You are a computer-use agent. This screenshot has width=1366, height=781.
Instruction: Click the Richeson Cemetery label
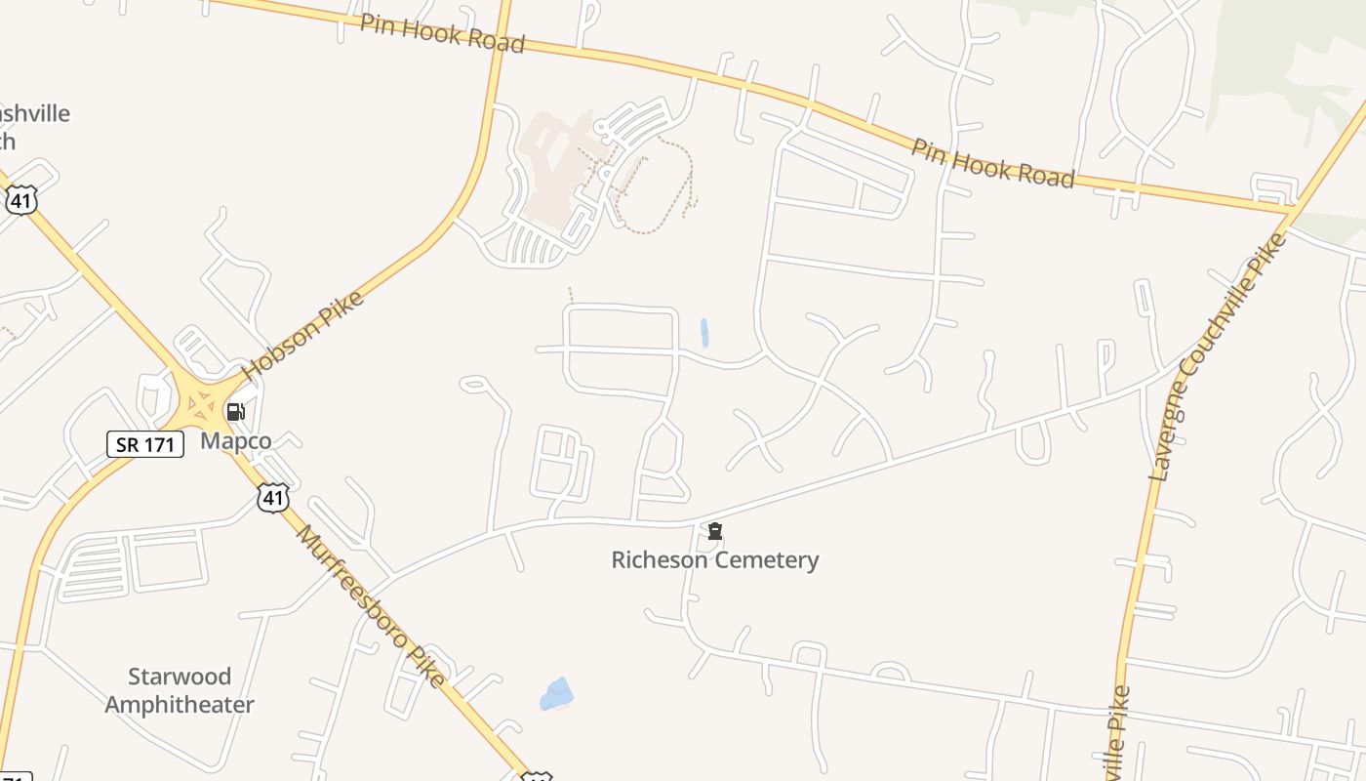pyautogui.click(x=714, y=559)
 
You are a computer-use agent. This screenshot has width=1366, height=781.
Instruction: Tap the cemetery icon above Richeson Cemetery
pyautogui.click(x=715, y=531)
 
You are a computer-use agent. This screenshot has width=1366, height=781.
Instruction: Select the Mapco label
pyautogui.click(x=235, y=441)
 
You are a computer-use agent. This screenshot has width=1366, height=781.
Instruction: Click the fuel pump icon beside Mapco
pyautogui.click(x=235, y=412)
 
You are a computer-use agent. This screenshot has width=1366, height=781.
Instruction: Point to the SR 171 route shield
pyautogui.click(x=144, y=444)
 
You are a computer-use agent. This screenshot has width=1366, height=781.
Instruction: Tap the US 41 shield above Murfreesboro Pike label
pyautogui.click(x=273, y=498)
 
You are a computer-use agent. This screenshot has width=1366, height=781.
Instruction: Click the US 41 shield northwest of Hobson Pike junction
pyautogui.click(x=20, y=200)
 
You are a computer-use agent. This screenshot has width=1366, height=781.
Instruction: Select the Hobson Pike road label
pyautogui.click(x=302, y=335)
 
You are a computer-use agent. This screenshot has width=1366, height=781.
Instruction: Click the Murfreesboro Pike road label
pyautogui.click(x=371, y=605)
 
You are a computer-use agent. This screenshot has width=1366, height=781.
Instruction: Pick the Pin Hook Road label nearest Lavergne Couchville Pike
pyautogui.click(x=992, y=163)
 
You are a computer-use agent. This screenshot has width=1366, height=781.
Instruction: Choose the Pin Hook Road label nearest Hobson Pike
pyautogui.click(x=442, y=33)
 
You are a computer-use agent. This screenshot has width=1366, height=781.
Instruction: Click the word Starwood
pyautogui.click(x=180, y=677)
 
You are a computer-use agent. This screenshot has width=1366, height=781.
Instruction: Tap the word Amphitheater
pyautogui.click(x=180, y=704)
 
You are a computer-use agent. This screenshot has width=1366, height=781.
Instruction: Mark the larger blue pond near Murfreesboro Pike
pyautogui.click(x=556, y=694)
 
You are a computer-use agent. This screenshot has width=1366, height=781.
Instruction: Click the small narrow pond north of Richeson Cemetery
pyautogui.click(x=703, y=332)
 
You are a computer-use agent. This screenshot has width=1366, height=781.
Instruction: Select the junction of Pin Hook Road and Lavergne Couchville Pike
pyautogui.click(x=1293, y=208)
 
